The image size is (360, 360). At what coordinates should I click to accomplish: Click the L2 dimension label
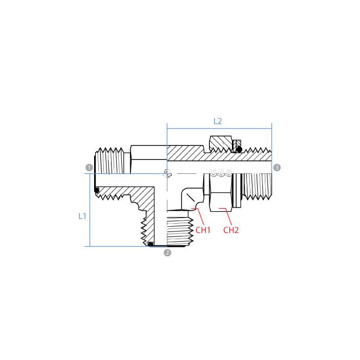point(218,121)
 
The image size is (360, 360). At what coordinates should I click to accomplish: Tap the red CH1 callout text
point(203,230)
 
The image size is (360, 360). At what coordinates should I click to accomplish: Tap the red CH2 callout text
point(231,230)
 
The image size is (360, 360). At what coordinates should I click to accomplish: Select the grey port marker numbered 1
point(88,168)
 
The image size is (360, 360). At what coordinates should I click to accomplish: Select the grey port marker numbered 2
point(167,252)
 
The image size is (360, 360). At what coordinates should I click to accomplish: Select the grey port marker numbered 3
point(277,168)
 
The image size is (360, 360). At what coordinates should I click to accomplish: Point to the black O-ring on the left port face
point(97,191)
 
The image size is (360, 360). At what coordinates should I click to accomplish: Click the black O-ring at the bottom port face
point(151,243)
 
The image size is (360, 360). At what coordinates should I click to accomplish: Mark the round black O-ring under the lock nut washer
point(239,149)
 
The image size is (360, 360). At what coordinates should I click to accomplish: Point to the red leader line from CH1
point(201,216)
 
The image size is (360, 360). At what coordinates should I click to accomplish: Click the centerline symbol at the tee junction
point(167,174)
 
